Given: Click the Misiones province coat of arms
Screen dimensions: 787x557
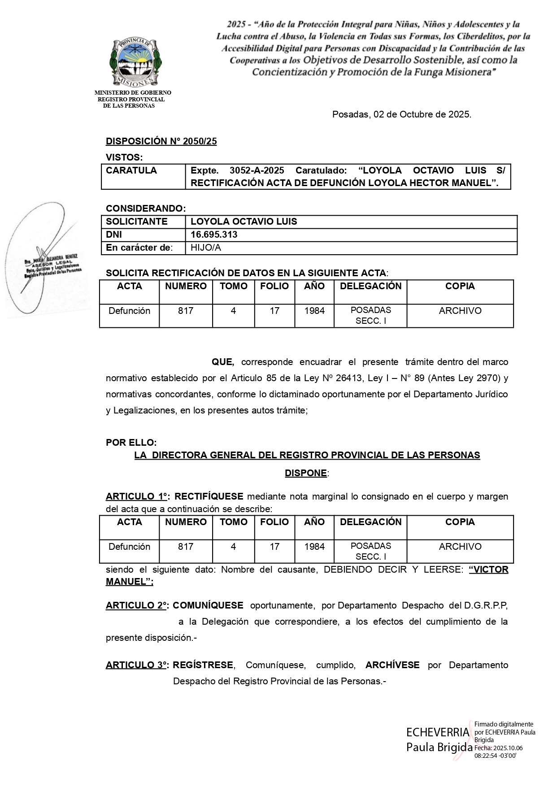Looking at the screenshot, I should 136,62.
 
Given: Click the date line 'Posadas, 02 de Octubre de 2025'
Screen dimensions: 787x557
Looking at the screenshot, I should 401,114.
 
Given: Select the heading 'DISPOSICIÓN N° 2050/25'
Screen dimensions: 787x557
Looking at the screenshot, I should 161,141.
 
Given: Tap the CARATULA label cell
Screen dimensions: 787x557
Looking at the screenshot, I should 131,170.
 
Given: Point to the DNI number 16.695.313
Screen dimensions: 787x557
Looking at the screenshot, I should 214,235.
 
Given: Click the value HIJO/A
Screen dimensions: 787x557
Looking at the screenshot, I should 206,248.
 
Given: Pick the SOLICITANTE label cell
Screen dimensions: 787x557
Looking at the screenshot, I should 136,222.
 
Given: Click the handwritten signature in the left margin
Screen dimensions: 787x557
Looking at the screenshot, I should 43,260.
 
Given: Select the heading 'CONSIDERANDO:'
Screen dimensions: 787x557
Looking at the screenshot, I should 146,209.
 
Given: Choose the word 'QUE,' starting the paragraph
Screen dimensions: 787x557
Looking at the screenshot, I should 222,362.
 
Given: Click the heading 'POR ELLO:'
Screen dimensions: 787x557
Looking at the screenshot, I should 131,443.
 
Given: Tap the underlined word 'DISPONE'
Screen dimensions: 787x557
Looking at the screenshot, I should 306,473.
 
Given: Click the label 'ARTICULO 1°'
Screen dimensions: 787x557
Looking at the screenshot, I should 137,496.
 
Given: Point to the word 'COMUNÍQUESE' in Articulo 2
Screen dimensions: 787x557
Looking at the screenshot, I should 208,605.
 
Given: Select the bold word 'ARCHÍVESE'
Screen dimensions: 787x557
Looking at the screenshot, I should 392,665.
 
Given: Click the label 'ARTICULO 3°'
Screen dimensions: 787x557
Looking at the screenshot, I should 137,665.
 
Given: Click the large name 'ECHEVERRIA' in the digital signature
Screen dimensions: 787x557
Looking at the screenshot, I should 437,732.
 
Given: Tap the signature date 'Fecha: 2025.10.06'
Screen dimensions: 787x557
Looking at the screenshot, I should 499,748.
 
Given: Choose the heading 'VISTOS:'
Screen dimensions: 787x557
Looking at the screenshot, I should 124,157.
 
